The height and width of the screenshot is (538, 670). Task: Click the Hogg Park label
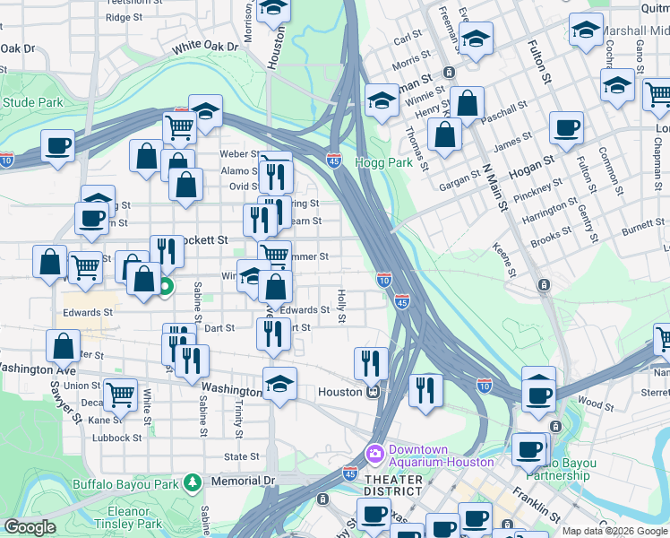click(x=384, y=163)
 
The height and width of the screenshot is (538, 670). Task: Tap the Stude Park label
click(x=32, y=103)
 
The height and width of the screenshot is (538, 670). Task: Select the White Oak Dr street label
click(x=206, y=45)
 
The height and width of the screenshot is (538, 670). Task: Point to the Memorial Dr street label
click(x=243, y=482)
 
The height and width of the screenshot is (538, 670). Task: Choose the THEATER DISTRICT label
click(x=393, y=485)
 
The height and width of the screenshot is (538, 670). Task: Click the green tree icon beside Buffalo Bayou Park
click(x=192, y=482)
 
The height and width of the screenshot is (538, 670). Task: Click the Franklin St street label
click(x=537, y=507)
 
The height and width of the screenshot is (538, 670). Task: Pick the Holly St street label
click(x=341, y=306)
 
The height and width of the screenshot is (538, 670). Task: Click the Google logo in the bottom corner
click(x=30, y=528)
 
